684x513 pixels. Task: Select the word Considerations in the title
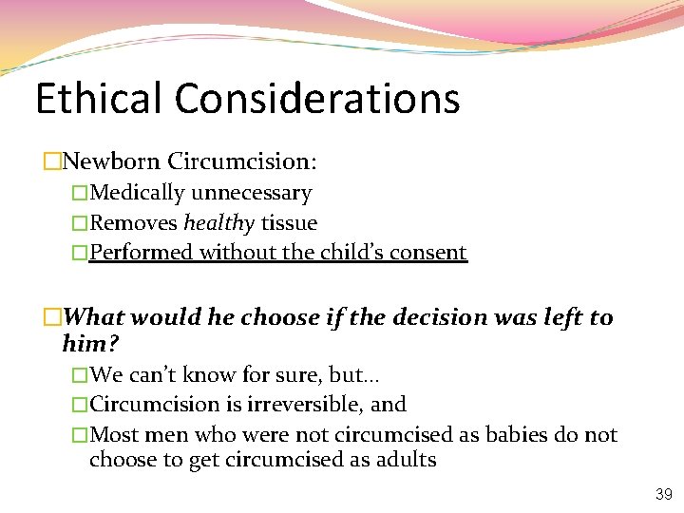(x=316, y=98)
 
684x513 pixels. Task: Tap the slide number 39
(x=663, y=495)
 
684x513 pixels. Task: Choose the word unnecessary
(x=252, y=193)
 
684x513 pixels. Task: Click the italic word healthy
(x=218, y=223)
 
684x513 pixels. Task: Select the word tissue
(x=289, y=223)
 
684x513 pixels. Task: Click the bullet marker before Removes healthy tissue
(x=80, y=223)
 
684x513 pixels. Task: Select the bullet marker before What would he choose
(x=52, y=318)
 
